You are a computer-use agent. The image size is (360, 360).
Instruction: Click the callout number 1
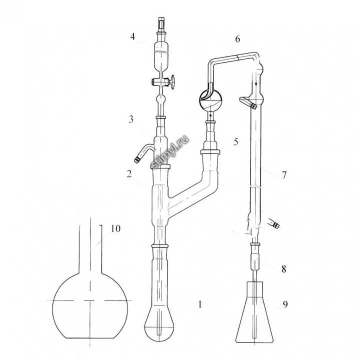[x=199, y=304]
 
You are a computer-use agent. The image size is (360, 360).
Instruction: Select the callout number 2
[x=129, y=174]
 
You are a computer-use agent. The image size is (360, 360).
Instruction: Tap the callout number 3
[x=131, y=119]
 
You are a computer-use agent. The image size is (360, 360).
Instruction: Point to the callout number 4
[x=132, y=36]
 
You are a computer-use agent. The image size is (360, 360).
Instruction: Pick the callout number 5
[x=236, y=141]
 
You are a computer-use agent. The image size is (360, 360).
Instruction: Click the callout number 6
[x=237, y=39]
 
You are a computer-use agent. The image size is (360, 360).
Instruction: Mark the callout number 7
[x=284, y=175]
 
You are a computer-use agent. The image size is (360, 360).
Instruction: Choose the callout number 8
[x=284, y=269]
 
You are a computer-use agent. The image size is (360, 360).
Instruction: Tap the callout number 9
[x=285, y=304]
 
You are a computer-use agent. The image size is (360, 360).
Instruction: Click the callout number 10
[x=115, y=228]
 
